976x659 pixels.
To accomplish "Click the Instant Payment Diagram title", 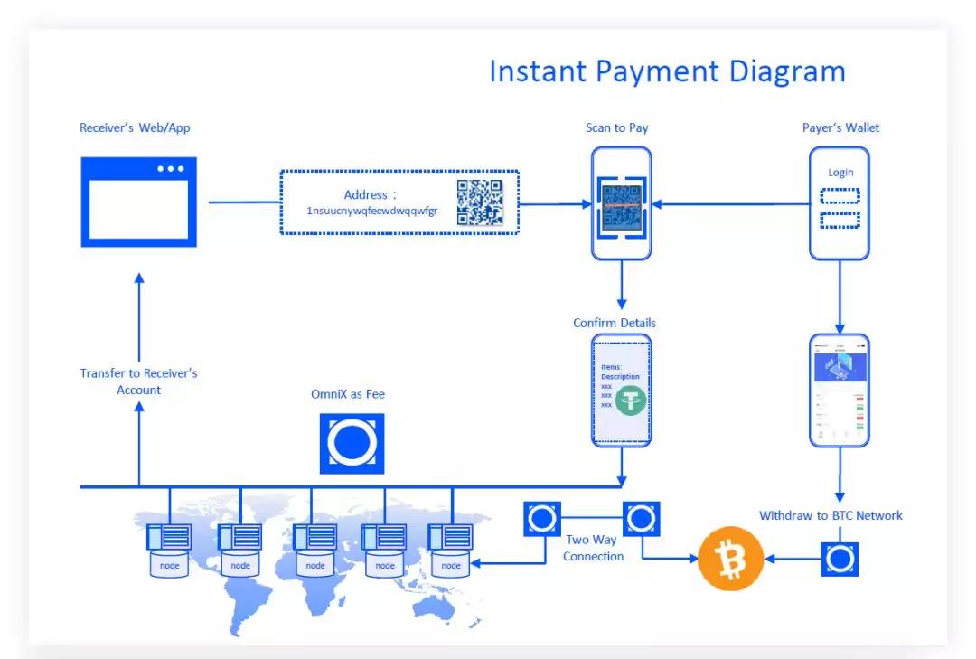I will click(x=667, y=71).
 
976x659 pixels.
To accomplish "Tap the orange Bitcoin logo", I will click(x=730, y=559).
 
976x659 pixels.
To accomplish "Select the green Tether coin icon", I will click(x=631, y=400).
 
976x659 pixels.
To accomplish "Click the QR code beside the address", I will click(x=479, y=202).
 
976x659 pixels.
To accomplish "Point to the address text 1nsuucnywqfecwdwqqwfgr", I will click(x=371, y=211).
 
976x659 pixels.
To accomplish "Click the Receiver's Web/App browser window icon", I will click(x=138, y=202).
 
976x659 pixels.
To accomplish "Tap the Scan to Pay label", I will click(x=616, y=127).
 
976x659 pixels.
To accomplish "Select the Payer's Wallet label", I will click(x=840, y=127).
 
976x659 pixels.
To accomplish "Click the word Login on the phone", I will click(x=840, y=173).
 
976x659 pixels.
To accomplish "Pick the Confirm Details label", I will click(x=615, y=323).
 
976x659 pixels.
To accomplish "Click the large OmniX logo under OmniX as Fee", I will click(x=352, y=443).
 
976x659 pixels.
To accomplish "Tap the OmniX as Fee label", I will click(x=348, y=394).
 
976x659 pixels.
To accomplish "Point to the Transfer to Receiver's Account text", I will click(x=138, y=381).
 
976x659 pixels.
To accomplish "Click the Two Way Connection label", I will click(x=593, y=548).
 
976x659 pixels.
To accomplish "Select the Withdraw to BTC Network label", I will click(x=831, y=515).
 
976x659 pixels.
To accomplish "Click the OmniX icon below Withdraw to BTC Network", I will click(x=840, y=559).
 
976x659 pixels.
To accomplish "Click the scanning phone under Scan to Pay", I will click(x=621, y=203).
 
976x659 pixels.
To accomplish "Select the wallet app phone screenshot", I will click(x=840, y=390).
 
